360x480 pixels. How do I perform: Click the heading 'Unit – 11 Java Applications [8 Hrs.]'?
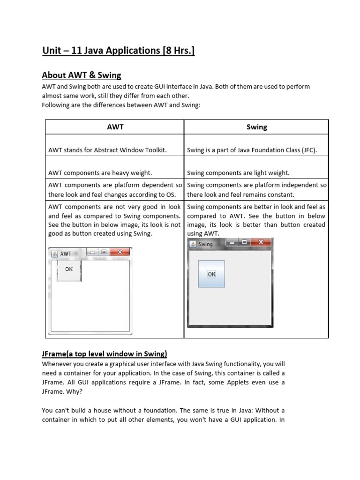[118, 50]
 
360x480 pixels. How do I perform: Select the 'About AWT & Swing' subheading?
[81, 75]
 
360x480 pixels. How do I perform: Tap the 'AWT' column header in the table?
[115, 127]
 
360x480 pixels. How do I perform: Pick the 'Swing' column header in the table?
[256, 127]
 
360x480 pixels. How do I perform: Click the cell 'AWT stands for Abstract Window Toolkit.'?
[108, 150]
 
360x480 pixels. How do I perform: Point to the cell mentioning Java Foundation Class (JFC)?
[252, 150]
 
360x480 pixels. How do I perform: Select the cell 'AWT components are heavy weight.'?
[100, 172]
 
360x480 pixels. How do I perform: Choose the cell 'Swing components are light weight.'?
[238, 172]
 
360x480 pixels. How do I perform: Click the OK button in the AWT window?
[69, 270]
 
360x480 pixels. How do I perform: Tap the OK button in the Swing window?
[212, 274]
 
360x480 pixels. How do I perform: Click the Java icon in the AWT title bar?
[54, 254]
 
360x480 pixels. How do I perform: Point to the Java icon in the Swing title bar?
[193, 244]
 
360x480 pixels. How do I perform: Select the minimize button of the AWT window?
[92, 252]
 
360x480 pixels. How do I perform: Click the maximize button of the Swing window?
[244, 242]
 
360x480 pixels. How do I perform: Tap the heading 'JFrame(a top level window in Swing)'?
[105, 353]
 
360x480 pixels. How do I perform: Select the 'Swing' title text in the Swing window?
[206, 244]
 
